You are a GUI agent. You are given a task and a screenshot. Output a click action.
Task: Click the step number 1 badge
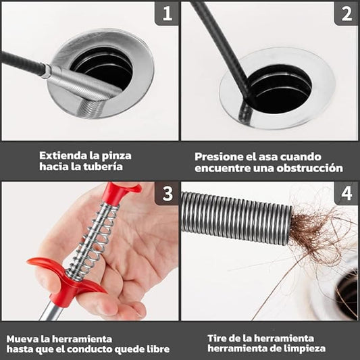click(167, 13)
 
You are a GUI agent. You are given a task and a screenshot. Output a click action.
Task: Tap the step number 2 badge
click(346, 13)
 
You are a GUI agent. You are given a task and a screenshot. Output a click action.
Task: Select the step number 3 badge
click(167, 193)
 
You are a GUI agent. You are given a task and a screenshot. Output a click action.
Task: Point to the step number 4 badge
click(346, 193)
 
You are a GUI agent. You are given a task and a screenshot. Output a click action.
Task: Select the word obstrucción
click(309, 168)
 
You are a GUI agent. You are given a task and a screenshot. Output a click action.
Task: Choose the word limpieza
click(307, 349)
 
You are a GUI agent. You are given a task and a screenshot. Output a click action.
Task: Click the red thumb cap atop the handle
click(121, 192)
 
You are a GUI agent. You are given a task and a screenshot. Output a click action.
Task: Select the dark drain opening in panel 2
click(281, 89)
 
